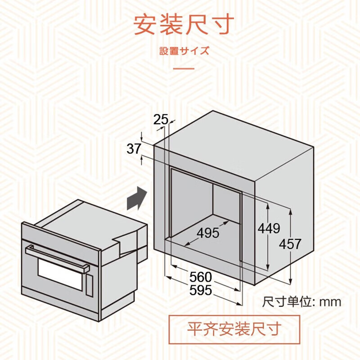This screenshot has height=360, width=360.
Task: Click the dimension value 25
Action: pyautogui.click(x=161, y=119)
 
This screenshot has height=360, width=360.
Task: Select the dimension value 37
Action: pyautogui.click(x=134, y=149)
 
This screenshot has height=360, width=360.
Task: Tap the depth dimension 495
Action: pyautogui.click(x=208, y=233)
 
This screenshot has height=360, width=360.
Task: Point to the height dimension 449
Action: pyautogui.click(x=269, y=228)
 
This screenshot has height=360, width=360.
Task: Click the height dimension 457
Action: pyautogui.click(x=290, y=244)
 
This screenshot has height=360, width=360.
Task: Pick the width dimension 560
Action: pyautogui.click(x=200, y=277)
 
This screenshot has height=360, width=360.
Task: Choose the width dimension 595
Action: pyautogui.click(x=200, y=290)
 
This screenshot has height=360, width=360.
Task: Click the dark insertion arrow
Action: pyautogui.click(x=137, y=198)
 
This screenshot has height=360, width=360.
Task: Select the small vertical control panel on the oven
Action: pyautogui.click(x=90, y=285)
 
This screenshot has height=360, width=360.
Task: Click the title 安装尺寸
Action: pyautogui.click(x=184, y=25)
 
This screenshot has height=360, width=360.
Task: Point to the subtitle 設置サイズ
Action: pyautogui.click(x=184, y=50)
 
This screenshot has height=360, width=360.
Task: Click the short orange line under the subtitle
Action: pyautogui.click(x=184, y=68)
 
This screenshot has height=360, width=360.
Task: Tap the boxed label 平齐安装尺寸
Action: pyautogui.click(x=234, y=329)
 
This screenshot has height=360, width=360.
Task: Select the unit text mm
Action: pyautogui.click(x=330, y=302)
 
